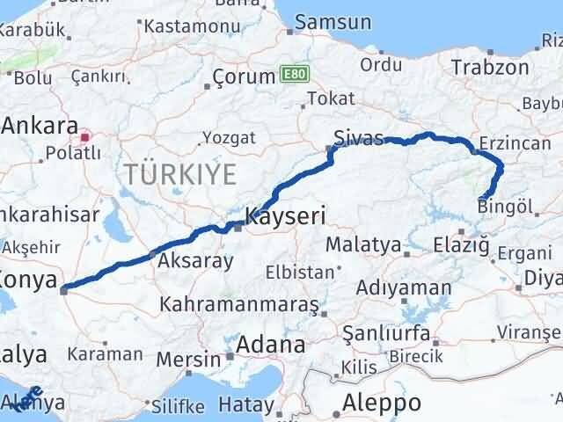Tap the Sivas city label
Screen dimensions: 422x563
pyautogui.click(x=359, y=138)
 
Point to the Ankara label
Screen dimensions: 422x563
pyautogui.click(x=40, y=126)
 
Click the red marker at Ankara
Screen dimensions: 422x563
pyautogui.click(x=85, y=137)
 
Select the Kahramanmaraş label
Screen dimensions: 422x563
pyautogui.click(x=239, y=305)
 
